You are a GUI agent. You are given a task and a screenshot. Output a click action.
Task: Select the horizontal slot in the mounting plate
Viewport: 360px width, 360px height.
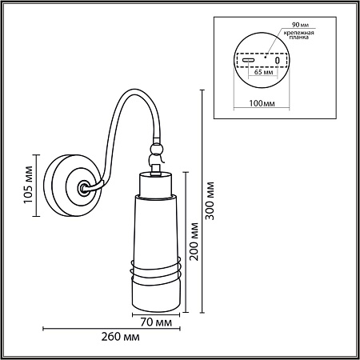pyautogui.click(x=249, y=60)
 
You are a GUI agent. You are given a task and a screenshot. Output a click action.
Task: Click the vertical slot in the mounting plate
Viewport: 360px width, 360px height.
pyautogui.click(x=277, y=60)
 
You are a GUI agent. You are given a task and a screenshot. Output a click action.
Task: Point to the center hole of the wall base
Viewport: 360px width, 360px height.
pyautogui.click(x=82, y=189)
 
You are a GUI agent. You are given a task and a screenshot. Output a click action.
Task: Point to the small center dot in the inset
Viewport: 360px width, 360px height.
pyautogui.click(x=264, y=55)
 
